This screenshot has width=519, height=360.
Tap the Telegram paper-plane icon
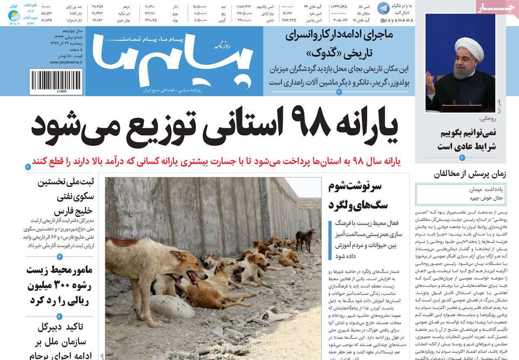tap(383, 8)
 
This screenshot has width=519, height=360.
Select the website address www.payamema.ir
tap(66, 62)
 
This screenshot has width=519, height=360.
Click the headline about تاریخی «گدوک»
tap(339, 45)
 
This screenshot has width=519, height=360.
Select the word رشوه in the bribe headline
tap(69, 286)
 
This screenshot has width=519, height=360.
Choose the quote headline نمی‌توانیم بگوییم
tap(462, 133)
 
